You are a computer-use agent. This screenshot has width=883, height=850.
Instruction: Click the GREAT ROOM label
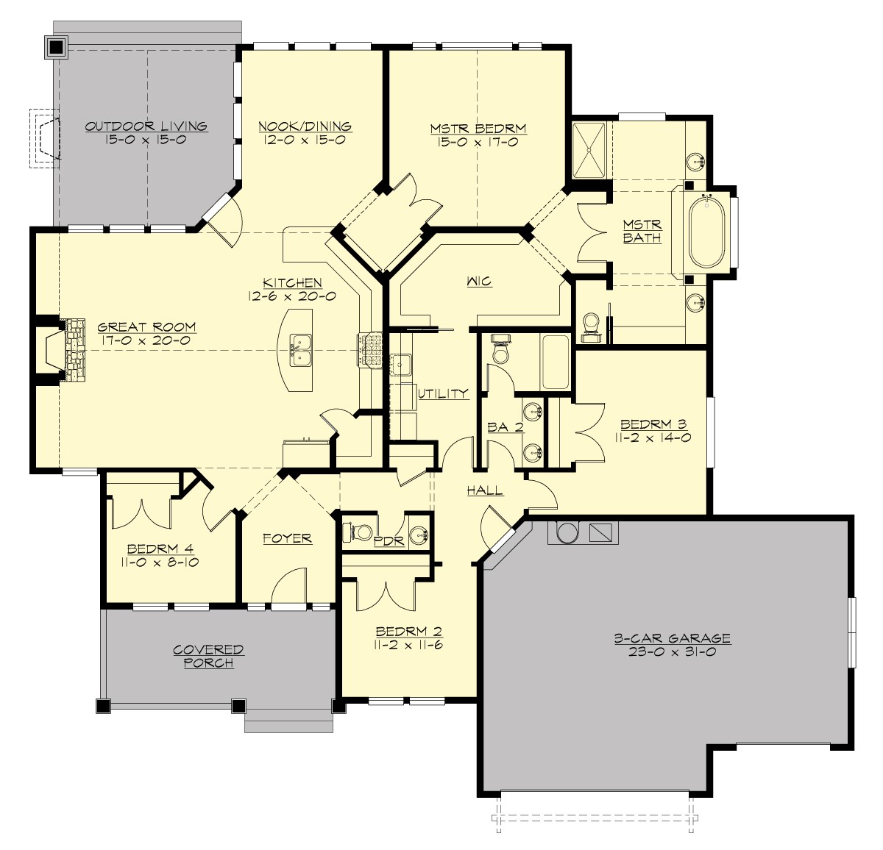[146, 327]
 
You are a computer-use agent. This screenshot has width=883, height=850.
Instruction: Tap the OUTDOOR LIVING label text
[146, 126]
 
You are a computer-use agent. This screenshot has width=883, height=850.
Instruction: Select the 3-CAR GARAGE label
[672, 638]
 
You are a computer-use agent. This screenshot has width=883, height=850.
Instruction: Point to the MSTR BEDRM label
[478, 129]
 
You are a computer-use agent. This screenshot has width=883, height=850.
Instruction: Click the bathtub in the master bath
[706, 229]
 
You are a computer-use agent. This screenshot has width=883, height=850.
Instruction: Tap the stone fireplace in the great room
[74, 349]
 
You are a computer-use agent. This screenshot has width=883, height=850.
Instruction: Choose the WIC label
[478, 281]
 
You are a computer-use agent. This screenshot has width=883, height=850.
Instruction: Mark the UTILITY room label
[443, 394]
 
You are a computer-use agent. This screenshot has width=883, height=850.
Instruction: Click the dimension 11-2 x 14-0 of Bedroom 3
[653, 438]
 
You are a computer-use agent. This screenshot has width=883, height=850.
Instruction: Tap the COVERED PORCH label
[208, 657]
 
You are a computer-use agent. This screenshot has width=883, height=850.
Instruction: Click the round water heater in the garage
[567, 532]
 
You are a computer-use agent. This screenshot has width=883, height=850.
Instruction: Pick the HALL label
[485, 490]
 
